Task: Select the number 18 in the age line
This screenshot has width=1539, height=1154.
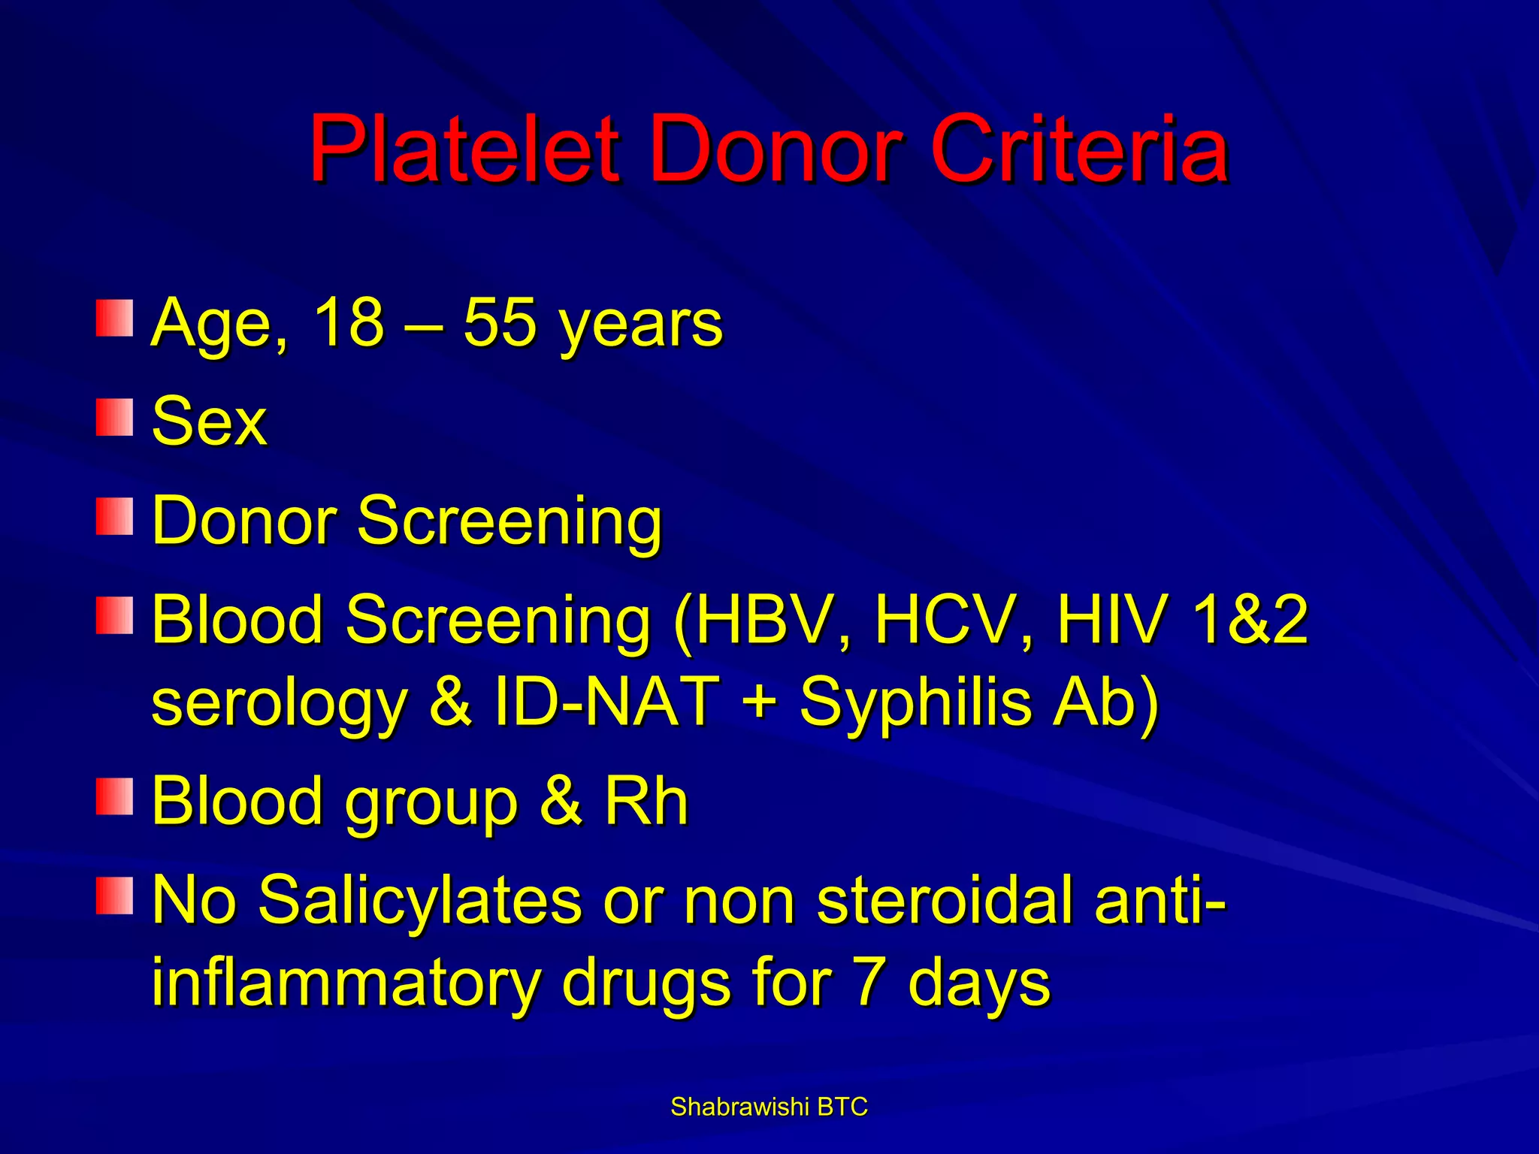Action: (x=349, y=323)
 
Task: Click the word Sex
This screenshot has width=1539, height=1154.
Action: (x=209, y=421)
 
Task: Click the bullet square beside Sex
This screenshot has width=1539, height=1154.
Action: (x=114, y=418)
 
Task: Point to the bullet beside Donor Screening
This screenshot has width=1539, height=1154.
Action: (x=114, y=516)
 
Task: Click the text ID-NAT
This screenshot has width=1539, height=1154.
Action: (x=606, y=702)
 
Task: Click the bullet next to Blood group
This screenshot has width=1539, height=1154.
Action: (x=114, y=796)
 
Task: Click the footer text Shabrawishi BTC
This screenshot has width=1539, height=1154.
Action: (x=769, y=1107)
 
